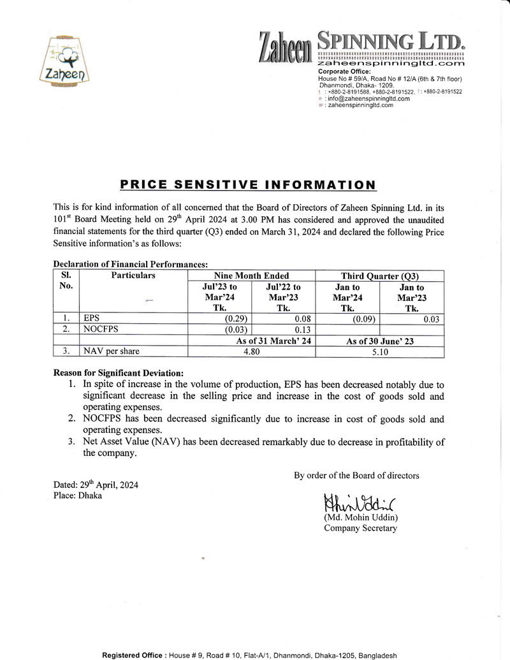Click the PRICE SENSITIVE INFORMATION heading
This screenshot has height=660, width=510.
(248, 185)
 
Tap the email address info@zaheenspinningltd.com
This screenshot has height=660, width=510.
(367, 99)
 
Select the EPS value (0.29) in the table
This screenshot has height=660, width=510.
(236, 318)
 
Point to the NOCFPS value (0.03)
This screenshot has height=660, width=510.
(236, 329)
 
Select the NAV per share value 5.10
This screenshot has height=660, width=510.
(380, 351)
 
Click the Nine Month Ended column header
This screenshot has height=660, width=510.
(251, 275)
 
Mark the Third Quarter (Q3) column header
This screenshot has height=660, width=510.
(380, 275)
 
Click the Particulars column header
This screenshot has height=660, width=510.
(133, 275)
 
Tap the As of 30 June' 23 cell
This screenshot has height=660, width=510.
(380, 341)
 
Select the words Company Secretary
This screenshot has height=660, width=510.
(360, 528)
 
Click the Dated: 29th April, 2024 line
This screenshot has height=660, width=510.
(96, 485)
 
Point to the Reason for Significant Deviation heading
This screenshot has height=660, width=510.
(119, 372)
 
